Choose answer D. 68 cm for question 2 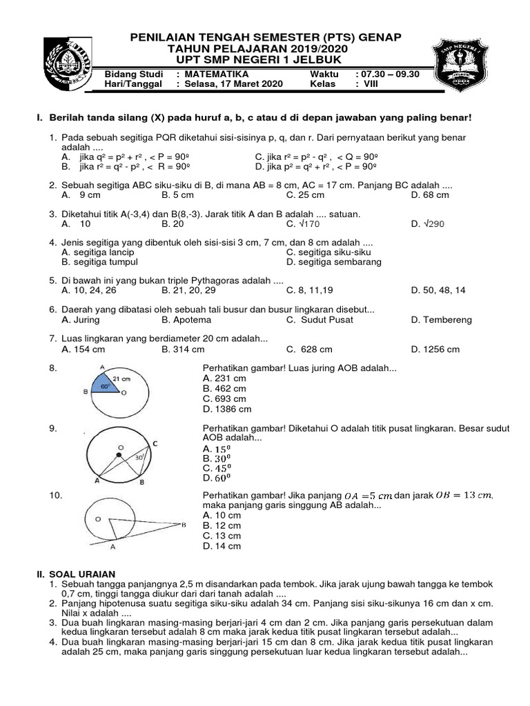[x=429, y=195]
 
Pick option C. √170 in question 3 [x=303, y=224]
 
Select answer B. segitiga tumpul [x=99, y=262]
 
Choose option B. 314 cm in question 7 [x=182, y=349]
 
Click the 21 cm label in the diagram [x=121, y=379]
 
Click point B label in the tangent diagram [x=184, y=525]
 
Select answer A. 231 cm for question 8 [x=224, y=379]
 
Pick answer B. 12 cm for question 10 [x=222, y=525]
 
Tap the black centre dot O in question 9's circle [x=119, y=456]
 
